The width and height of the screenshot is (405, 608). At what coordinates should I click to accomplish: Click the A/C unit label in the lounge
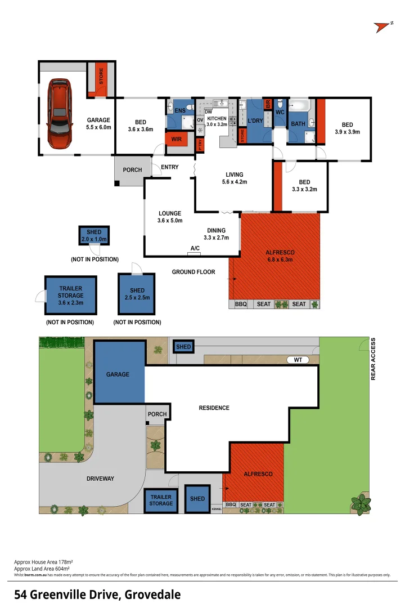pyautogui.click(x=195, y=248)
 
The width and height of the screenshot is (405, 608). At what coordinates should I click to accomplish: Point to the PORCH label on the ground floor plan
pyautogui.click(x=132, y=170)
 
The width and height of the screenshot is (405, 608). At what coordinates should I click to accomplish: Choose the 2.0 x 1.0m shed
pyautogui.click(x=94, y=236)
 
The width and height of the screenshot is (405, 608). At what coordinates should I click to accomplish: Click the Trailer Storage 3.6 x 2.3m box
pyautogui.click(x=71, y=295)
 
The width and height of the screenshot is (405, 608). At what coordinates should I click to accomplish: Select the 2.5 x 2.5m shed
pyautogui.click(x=137, y=294)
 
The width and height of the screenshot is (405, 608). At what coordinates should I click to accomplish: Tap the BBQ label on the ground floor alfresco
pyautogui.click(x=241, y=304)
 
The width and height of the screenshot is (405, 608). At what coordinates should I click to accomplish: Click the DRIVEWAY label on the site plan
pyautogui.click(x=101, y=479)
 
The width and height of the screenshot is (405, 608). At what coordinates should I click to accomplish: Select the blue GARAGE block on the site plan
pyautogui.click(x=118, y=374)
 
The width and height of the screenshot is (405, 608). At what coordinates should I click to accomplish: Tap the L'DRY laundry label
pyautogui.click(x=255, y=121)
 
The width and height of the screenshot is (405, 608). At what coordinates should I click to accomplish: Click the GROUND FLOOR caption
pyautogui.click(x=193, y=272)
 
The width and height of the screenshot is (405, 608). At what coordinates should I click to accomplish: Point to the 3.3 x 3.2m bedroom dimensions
pyautogui.click(x=304, y=190)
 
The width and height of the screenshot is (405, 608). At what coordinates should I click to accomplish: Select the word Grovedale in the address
pyautogui.click(x=153, y=594)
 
